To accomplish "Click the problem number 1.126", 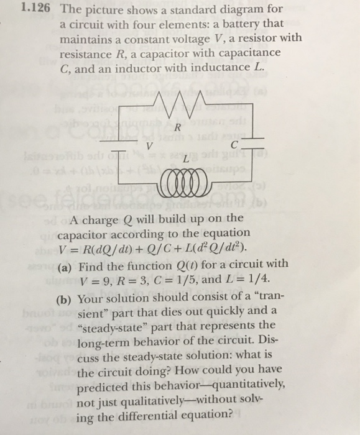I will coord(33,10).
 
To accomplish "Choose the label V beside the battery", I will coord(148,147).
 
